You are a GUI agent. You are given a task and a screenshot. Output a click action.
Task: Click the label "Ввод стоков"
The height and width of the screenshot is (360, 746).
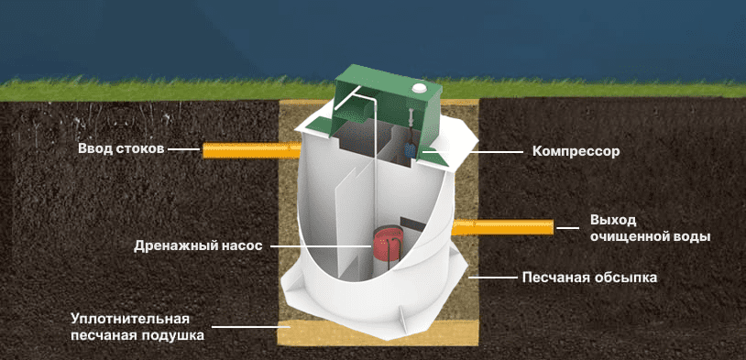pos(121,149)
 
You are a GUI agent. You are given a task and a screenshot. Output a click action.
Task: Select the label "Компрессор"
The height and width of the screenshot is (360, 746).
pos(576,152)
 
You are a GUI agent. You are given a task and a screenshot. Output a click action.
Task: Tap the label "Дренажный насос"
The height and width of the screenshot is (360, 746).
pos(198,246)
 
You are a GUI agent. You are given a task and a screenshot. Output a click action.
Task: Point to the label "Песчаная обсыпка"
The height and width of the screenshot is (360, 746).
pos(589,278)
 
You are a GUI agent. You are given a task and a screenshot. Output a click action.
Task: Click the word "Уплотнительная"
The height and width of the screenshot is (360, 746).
pos(130,318)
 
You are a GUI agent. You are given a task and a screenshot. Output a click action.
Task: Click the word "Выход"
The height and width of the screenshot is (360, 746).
pos(613,221)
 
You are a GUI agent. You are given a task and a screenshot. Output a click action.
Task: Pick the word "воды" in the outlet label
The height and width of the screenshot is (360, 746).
pos(692,236)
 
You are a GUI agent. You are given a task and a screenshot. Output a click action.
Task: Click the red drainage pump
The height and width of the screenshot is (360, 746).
pos(388,244)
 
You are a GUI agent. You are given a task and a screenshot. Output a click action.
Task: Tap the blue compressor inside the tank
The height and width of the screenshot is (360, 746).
pos(410,150)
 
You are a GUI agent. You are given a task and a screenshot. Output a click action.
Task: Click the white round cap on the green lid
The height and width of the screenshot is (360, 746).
pos(420,88)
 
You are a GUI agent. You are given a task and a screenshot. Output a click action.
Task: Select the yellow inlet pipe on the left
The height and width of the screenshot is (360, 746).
pos(252,150)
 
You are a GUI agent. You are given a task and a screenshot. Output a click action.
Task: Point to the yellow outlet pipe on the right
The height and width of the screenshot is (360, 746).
pos(502,227)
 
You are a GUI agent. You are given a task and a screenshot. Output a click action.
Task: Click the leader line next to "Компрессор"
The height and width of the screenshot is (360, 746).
pos(473,152)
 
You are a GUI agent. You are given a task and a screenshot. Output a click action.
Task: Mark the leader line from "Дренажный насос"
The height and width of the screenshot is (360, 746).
pos(320,246)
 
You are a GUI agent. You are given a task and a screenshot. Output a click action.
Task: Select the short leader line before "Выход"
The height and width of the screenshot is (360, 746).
pos(568,228)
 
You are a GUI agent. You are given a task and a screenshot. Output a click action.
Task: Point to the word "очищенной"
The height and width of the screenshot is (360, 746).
pos(630,237)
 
